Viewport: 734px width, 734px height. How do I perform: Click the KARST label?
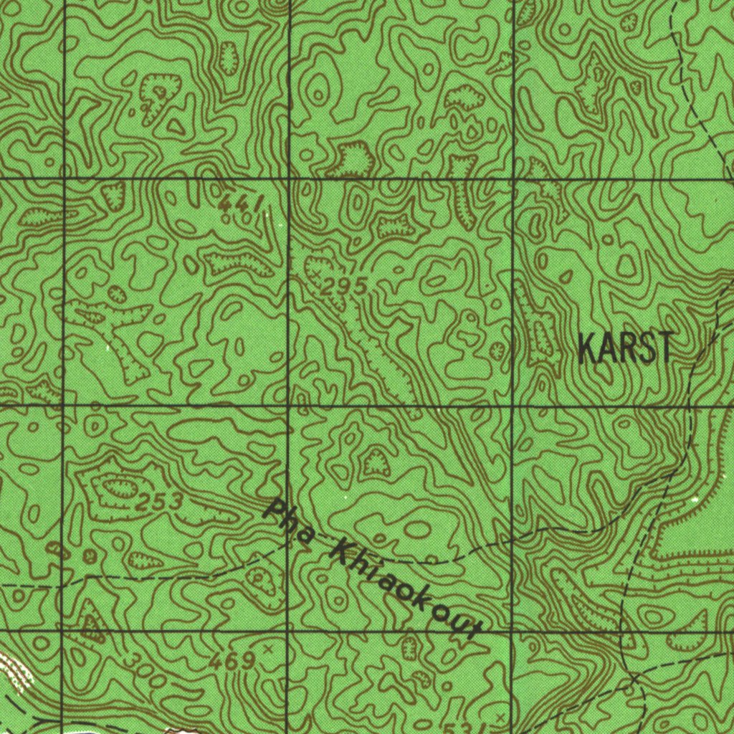coord(625,348)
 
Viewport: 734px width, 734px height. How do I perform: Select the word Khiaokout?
coord(404,592)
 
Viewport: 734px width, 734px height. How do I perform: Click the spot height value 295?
coord(344,287)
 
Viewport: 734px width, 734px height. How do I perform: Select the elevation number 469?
coord(232,661)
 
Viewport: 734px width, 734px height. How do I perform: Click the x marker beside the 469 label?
coord(269,649)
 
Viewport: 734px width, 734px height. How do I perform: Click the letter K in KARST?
coord(586,348)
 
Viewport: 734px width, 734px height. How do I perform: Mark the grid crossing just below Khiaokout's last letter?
coord(511,631)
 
